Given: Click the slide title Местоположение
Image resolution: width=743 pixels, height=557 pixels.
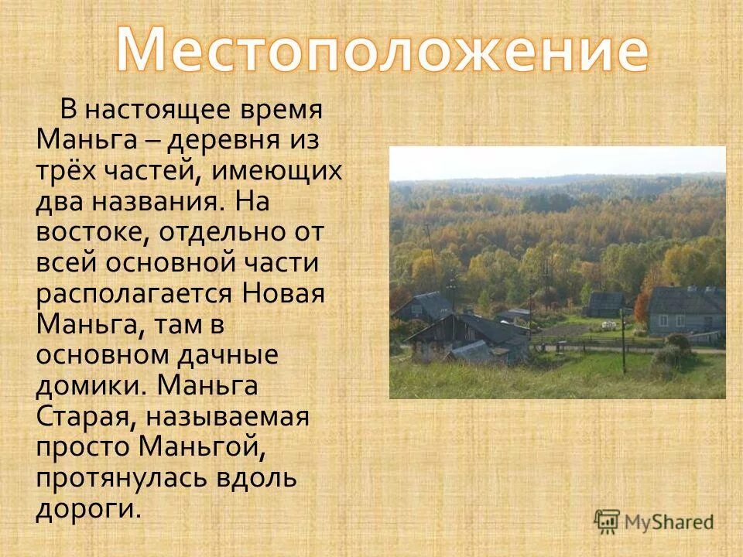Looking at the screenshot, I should coord(382,49).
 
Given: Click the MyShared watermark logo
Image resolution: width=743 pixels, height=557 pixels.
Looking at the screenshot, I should coord(654,521).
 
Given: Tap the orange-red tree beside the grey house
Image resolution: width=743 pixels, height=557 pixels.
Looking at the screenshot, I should coord(641,308).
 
